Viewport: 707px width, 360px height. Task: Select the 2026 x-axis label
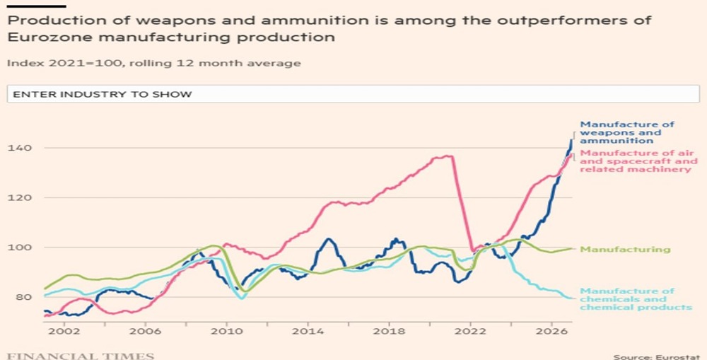[x=549, y=332]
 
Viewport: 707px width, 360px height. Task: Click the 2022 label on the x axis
[x=468, y=332]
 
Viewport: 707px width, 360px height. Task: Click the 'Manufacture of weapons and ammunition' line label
[x=626, y=132]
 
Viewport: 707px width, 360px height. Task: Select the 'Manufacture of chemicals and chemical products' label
[x=635, y=299]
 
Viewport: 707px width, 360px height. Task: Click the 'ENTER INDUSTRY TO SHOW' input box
[x=353, y=94]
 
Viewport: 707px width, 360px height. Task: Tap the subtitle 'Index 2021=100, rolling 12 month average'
[x=154, y=63]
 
